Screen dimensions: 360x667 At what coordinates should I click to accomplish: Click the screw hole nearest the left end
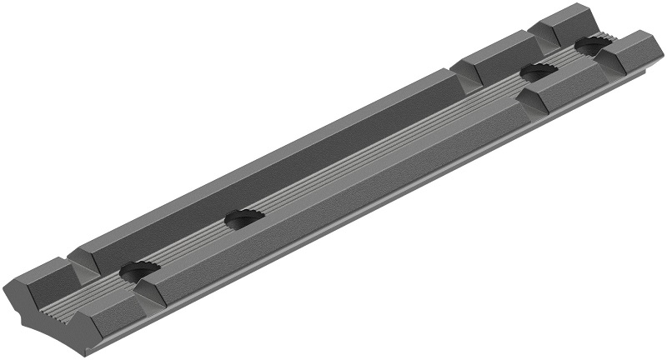click(138, 271)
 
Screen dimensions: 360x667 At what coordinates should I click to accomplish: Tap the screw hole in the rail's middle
click(245, 219)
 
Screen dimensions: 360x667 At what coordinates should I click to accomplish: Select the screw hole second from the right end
click(539, 73)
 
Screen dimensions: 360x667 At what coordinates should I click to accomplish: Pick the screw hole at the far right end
click(594, 47)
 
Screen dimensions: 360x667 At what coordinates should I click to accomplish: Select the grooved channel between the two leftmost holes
click(192, 245)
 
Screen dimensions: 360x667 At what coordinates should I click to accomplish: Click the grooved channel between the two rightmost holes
click(567, 60)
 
